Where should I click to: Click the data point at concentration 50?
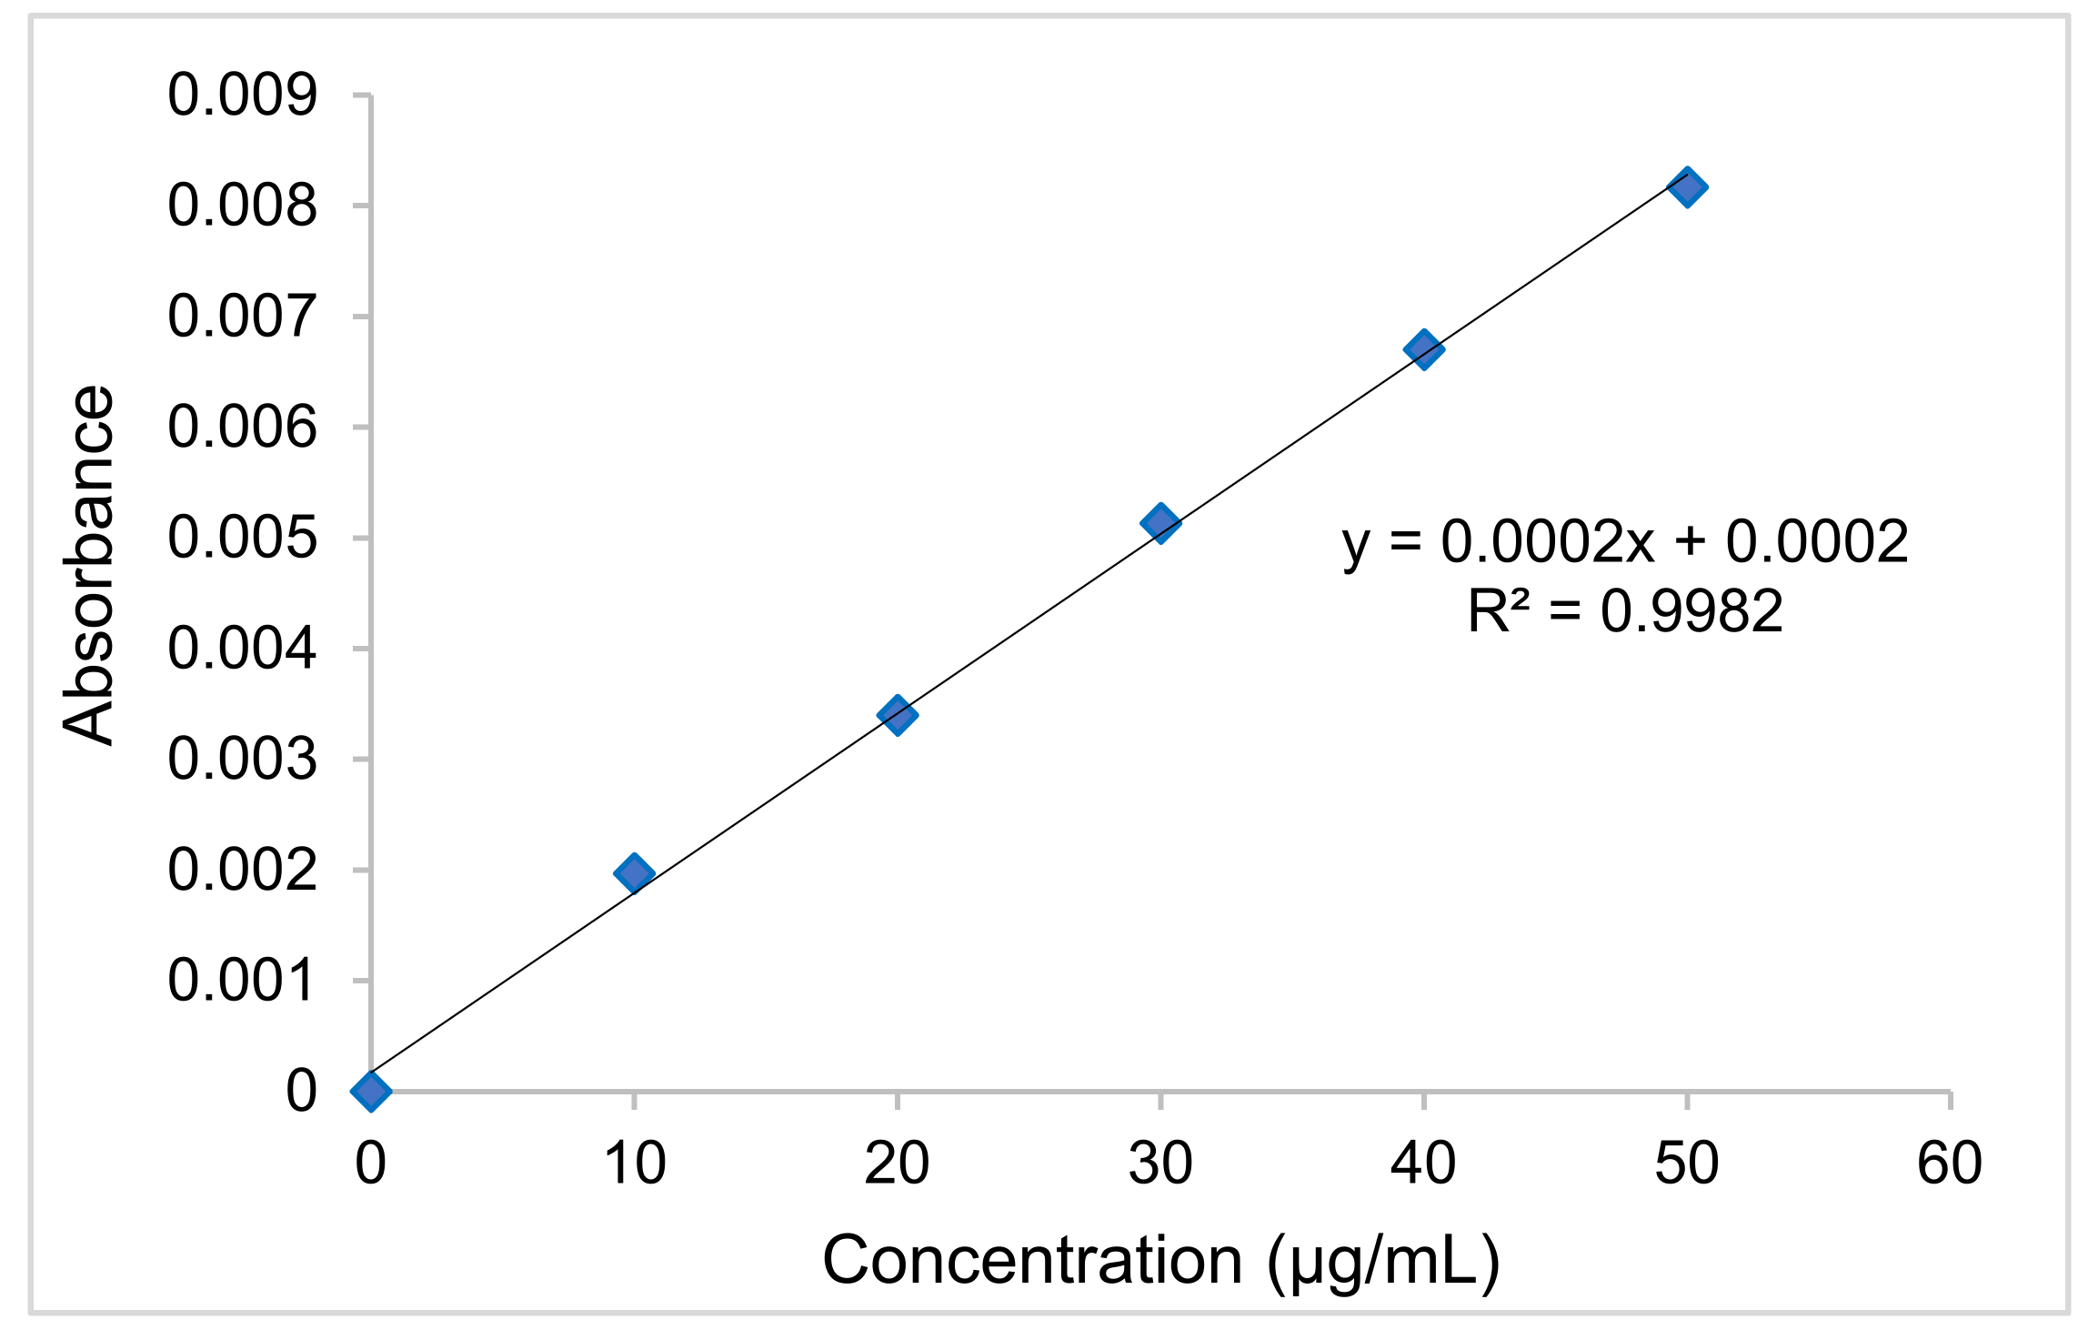(x=1687, y=188)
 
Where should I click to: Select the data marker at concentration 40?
(x=1423, y=349)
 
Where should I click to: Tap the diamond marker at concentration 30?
(x=1160, y=523)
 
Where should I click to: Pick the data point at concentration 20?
(x=898, y=715)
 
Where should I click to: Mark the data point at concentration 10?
(x=634, y=874)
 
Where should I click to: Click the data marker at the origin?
(x=371, y=1091)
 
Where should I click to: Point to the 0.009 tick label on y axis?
(x=243, y=95)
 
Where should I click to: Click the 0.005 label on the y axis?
(x=243, y=538)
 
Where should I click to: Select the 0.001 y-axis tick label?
(x=243, y=981)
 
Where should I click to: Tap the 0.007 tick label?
(x=243, y=317)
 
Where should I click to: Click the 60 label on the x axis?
(x=1950, y=1164)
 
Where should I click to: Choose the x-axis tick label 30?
(x=1160, y=1164)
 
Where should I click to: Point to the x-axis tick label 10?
(x=634, y=1164)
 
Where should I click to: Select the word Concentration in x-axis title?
(x=1032, y=1261)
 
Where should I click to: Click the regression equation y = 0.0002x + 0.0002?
(x=1625, y=543)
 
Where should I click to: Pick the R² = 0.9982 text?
(x=1625, y=611)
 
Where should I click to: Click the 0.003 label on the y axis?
(x=243, y=760)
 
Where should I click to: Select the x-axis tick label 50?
(x=1687, y=1164)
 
